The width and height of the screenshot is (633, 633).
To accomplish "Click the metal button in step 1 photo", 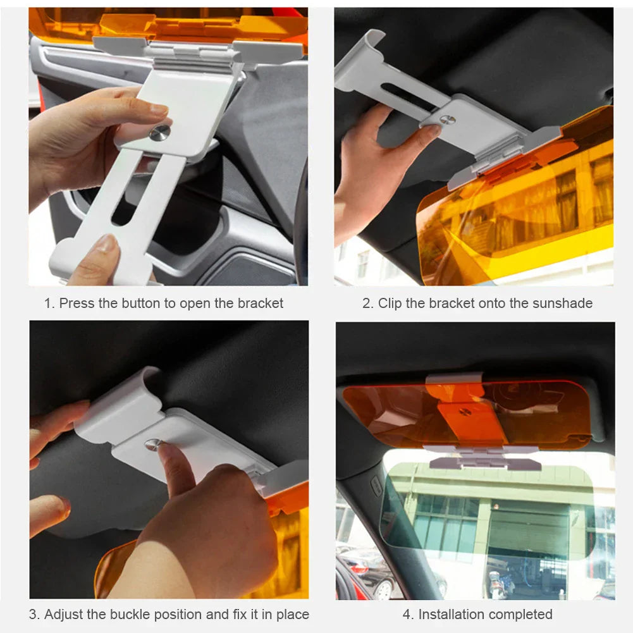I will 160,132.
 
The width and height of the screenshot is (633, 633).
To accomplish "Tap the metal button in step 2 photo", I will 448,120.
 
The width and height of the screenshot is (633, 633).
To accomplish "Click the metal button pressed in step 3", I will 152,445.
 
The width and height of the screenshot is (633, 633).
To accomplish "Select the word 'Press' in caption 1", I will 77,304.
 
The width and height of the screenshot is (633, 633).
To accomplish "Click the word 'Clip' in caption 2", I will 390,304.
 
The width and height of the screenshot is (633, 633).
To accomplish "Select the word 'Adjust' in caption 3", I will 66,615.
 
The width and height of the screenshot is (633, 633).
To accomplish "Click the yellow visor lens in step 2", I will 525,215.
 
